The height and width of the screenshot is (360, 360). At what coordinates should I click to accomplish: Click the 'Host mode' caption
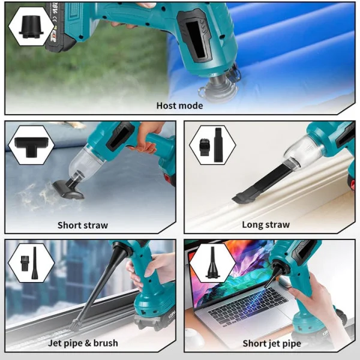pos(179,106)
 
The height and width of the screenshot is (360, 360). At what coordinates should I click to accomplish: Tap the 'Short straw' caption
pos(83,225)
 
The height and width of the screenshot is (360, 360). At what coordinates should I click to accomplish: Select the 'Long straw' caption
pos(266,224)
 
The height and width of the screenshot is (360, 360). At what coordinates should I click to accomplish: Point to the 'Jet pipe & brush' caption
pos(83,343)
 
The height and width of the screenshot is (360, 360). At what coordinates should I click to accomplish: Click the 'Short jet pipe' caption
pos(272,343)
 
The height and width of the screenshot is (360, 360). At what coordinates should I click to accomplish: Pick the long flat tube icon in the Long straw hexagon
pos(218,145)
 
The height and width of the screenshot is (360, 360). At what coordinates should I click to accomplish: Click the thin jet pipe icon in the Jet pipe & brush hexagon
pos(35,263)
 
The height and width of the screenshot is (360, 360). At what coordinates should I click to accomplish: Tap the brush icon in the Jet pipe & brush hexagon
pos(25,262)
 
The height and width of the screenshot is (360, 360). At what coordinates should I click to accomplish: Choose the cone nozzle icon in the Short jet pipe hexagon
pos(212,263)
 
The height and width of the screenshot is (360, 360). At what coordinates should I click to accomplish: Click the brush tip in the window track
pos(76,325)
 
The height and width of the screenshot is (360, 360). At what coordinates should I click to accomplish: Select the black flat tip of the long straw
pos(241,197)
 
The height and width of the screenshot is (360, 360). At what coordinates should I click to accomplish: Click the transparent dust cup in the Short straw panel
pos(86,160)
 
